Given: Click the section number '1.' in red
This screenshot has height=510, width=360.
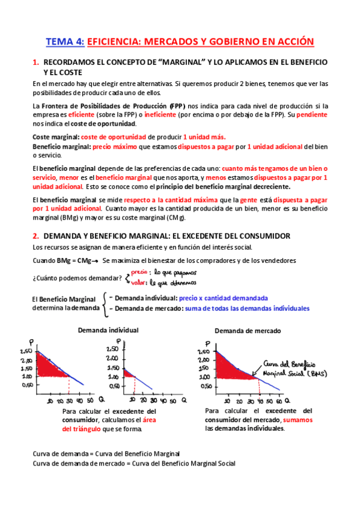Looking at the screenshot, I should click(x=35, y=62).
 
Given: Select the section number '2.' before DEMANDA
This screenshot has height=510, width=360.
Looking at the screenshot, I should click(x=35, y=235).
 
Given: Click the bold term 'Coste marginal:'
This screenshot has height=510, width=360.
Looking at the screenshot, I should click(x=55, y=137).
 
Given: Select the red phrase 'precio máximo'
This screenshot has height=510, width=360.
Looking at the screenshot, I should click(x=113, y=146).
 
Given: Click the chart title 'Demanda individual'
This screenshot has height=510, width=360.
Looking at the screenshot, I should click(x=108, y=330).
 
